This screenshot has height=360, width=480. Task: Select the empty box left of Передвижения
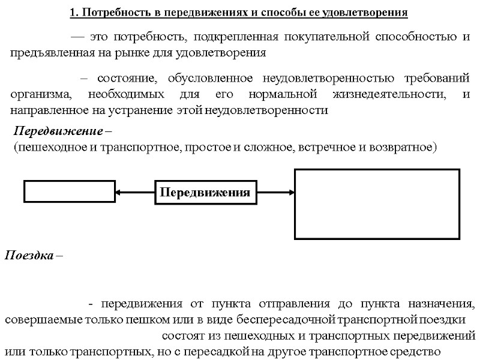point(69,193)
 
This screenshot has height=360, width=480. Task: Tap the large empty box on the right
point(377,203)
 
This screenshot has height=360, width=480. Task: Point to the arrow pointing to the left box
point(135,193)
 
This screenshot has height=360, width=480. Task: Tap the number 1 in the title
point(73,12)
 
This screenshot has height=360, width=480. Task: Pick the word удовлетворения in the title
point(372,12)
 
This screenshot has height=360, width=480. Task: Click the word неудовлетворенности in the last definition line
point(281,110)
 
